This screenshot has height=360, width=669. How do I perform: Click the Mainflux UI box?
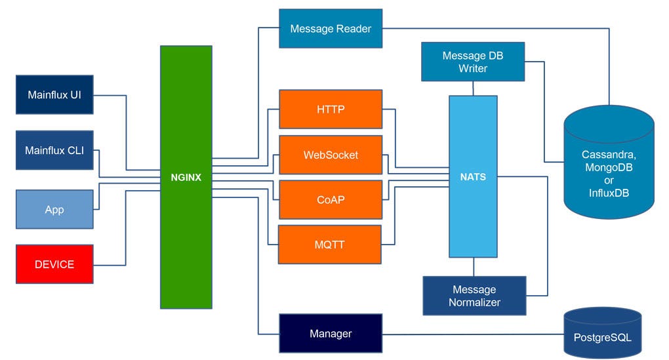tap(54, 94)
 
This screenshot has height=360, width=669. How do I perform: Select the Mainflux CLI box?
tap(54, 150)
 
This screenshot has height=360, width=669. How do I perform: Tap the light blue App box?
tap(54, 209)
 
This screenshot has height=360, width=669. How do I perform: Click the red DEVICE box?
tap(54, 264)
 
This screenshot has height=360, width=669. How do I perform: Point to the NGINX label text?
tap(186, 177)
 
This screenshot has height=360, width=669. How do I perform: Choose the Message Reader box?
tap(331, 29)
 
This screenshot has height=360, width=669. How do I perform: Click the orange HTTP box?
tap(331, 110)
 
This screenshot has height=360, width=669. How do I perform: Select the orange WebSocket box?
tap(331, 155)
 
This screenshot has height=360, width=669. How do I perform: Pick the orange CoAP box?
tap(331, 199)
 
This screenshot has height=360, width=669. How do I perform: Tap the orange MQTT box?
tap(331, 245)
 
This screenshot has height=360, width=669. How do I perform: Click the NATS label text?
tap(473, 177)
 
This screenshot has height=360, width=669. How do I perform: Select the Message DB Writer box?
tap(473, 62)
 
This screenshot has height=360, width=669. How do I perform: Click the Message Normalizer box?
tap(474, 296)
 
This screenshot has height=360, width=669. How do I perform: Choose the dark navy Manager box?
tap(331, 334)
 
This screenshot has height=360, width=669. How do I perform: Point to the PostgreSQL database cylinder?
tap(602, 334)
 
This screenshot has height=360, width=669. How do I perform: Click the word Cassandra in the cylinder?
tap(609, 155)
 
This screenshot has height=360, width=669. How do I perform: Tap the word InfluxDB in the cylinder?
tap(609, 193)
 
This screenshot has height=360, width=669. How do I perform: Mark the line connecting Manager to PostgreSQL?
tap(472, 334)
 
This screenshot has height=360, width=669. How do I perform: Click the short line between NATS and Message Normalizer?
tap(474, 266)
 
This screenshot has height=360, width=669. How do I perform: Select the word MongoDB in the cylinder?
tap(609, 167)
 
